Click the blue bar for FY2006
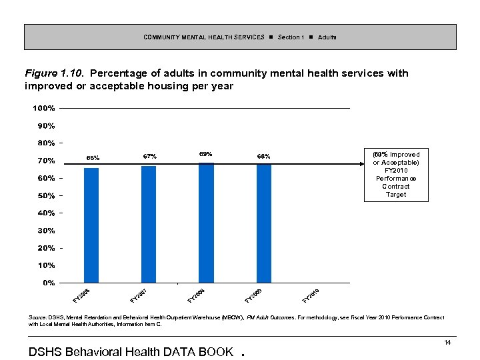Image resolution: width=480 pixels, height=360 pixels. pos(91,225)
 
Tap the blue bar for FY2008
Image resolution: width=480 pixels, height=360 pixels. pos(206,223)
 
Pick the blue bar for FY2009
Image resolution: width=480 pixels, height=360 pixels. pos(264,223)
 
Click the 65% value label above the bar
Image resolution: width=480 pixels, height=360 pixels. pos(93,158)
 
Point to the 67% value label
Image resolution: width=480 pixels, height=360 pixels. pos(149,156)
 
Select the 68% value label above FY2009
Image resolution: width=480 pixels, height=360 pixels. pos(263,156)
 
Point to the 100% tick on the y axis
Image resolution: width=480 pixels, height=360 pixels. pos(43,108)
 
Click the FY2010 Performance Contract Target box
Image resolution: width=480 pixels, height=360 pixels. pos(396,175)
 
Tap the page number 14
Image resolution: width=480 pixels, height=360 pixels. pos(448,342)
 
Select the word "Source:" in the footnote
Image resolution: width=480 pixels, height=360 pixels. pos(38,318)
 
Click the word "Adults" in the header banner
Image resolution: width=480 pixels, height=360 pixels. pos(327,37)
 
